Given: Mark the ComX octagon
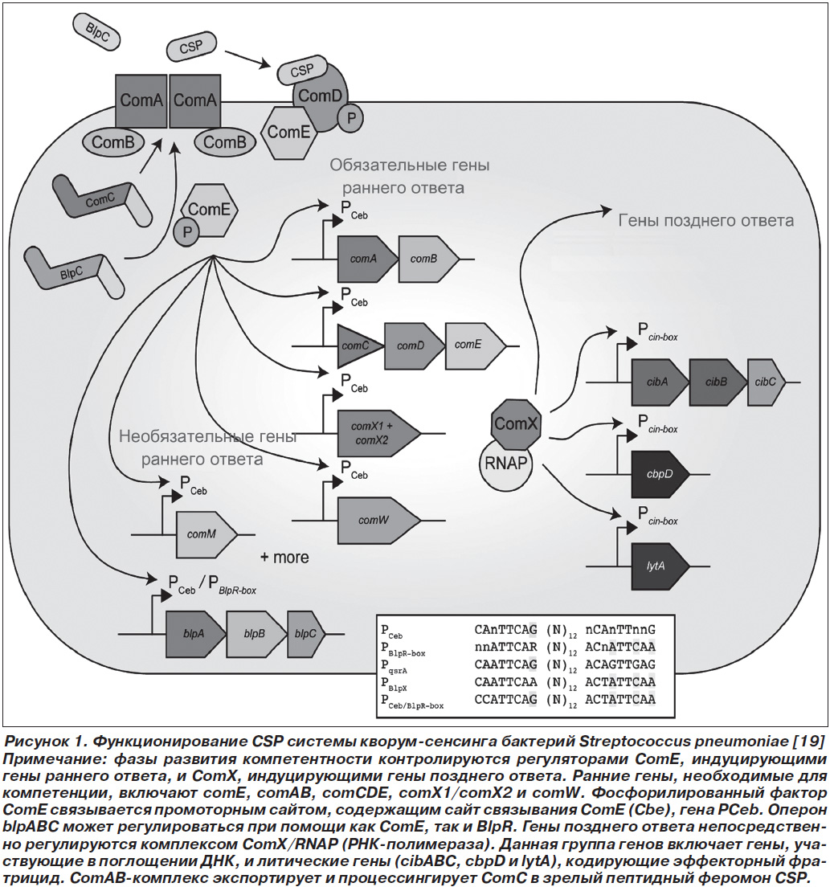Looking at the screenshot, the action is point(515,423).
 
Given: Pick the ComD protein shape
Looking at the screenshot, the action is point(321,96).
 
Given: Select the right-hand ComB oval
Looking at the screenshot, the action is point(225,141).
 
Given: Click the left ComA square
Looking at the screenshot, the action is point(141,101).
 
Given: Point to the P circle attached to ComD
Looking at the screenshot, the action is point(351,117).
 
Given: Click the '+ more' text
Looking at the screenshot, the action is point(284,558).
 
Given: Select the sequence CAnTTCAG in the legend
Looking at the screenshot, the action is point(505,629).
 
